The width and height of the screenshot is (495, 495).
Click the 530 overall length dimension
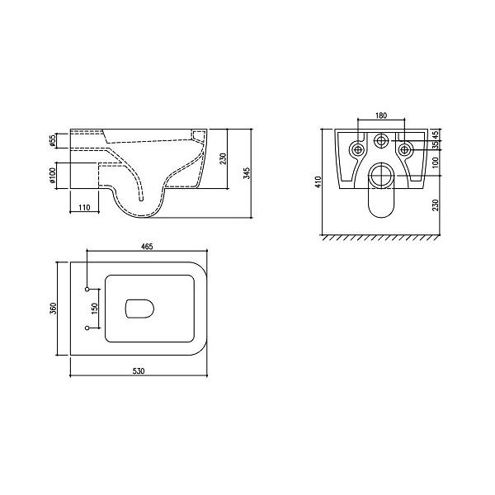click(x=139, y=371)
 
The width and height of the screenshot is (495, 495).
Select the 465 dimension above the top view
click(x=147, y=246)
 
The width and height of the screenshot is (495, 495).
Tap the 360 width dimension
click(x=53, y=308)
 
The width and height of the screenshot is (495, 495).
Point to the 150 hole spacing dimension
click(x=94, y=309)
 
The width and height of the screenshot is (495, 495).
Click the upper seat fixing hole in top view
click(x=87, y=289)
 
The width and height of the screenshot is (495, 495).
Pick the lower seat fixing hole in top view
click(x=87, y=328)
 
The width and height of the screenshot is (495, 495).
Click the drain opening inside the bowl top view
click(x=140, y=309)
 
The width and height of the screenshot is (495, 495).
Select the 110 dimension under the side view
click(x=84, y=208)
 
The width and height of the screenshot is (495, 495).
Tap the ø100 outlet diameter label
click(x=53, y=175)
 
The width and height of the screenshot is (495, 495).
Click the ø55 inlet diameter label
click(x=53, y=141)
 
